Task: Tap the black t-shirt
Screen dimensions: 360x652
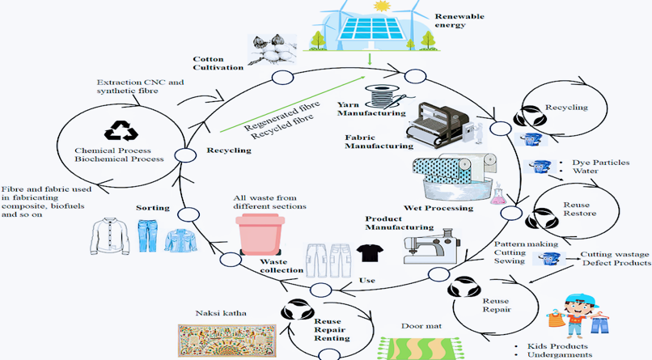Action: tap(369, 253)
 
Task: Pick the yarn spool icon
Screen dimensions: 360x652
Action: tap(383, 98)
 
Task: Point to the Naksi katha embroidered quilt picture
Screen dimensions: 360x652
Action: tap(224, 339)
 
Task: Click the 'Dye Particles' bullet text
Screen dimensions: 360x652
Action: tap(599, 163)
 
